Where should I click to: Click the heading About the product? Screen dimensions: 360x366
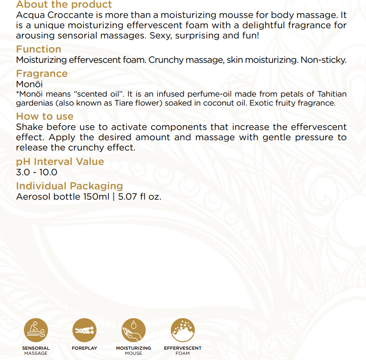pos(64,5)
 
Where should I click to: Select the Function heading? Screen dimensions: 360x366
pos(39,49)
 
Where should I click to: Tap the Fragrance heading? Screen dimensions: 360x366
pos(42,74)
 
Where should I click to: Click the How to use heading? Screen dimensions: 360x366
pos(45,116)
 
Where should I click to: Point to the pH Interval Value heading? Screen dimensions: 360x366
pos(60,162)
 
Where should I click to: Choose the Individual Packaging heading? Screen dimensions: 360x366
pos(69,186)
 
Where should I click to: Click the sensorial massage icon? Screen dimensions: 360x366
pos(36,330)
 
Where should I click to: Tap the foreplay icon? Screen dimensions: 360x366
pos(84,330)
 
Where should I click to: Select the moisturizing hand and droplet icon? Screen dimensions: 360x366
pos(134,330)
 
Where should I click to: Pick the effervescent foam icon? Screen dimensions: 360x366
pos(182,330)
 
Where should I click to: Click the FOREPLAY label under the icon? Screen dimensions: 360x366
pos(84,348)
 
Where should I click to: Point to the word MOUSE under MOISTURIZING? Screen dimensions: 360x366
pos(134,353)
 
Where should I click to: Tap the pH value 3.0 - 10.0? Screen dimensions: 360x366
pos(36,173)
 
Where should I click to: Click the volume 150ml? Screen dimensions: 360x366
pos(96,197)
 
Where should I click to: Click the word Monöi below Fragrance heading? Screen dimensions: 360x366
pos(29,84)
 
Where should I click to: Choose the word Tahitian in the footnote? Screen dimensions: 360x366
pos(332,94)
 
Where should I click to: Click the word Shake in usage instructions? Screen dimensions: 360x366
pos(29,127)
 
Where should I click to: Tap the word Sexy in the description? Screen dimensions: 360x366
pos(159,35)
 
